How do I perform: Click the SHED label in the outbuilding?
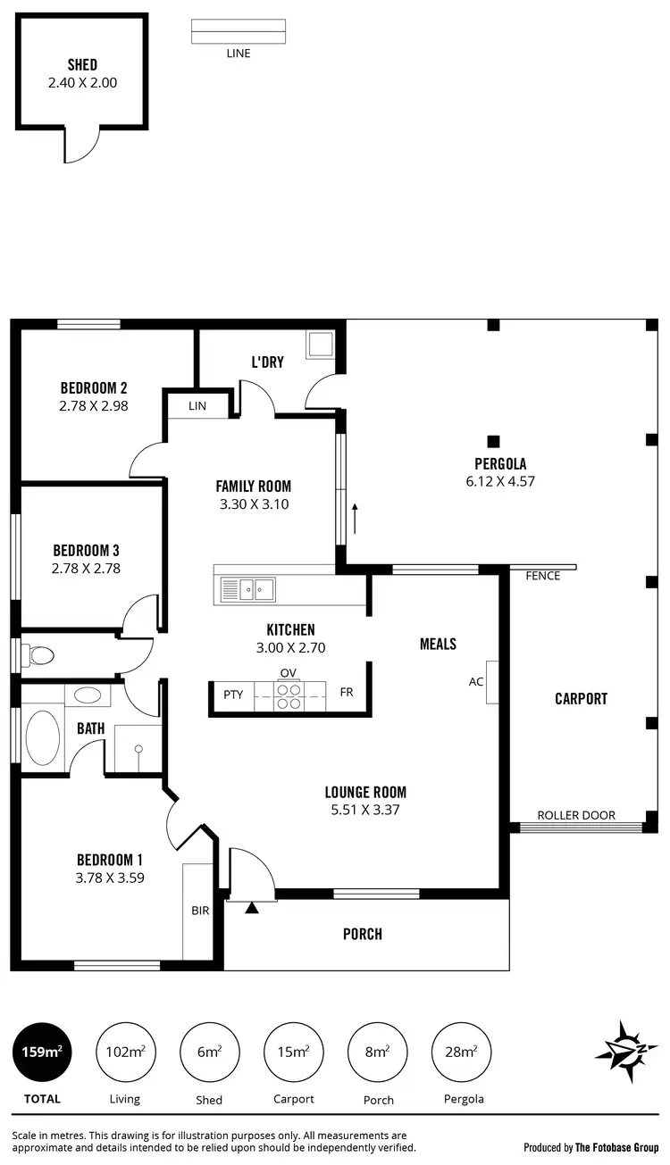pos(82,65)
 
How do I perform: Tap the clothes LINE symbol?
pos(239,31)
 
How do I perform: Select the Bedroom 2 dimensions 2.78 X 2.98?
pos(94,405)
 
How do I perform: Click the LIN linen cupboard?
pos(197,406)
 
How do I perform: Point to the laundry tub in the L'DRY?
pos(319,344)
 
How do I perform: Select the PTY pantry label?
pos(233,693)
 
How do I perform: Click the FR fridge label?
pos(346,693)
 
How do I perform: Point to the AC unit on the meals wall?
pos(492,682)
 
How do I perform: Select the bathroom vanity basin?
pos(88,695)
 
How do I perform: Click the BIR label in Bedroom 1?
pos(199,911)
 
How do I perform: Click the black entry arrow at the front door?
pos(252,908)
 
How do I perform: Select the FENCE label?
pos(543,576)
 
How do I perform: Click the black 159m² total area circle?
pos(42,1051)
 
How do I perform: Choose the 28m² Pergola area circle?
pos(462,1051)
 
